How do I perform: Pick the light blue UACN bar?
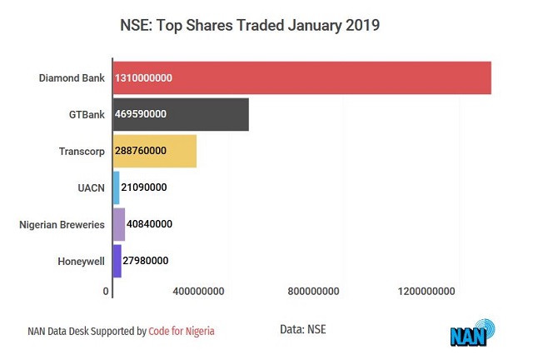point(116,187)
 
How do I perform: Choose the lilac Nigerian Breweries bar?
point(118,224)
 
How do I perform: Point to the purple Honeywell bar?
point(117,261)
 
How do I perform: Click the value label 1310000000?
point(143,78)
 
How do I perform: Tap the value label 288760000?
point(141,152)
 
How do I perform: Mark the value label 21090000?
point(144,187)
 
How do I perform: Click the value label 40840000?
point(150,224)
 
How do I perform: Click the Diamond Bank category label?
point(72,78)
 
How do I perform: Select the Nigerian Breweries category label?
point(62,224)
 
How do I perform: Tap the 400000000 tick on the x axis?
point(198,292)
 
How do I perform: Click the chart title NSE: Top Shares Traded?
point(251,26)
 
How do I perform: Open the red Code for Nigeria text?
point(182,331)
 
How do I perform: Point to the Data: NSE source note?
point(303,329)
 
